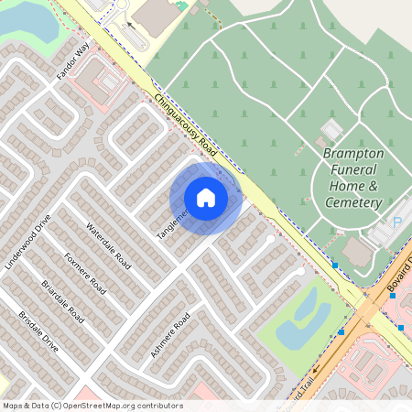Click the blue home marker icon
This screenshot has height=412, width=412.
(x=206, y=198)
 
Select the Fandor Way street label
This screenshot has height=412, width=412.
(x=74, y=60)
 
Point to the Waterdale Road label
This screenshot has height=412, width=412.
(x=109, y=245)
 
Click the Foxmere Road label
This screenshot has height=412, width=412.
(x=86, y=273)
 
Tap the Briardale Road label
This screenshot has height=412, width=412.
(x=62, y=301)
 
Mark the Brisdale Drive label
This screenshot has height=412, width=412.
(x=38, y=331)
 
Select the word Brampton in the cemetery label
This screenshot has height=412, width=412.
(x=352, y=154)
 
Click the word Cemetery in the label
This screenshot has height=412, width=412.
(x=353, y=202)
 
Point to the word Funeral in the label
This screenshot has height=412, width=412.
(x=352, y=170)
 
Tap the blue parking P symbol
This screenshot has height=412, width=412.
(x=397, y=222)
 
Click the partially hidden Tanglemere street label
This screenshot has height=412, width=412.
(x=171, y=223)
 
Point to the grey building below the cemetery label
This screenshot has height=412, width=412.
(x=357, y=250)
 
